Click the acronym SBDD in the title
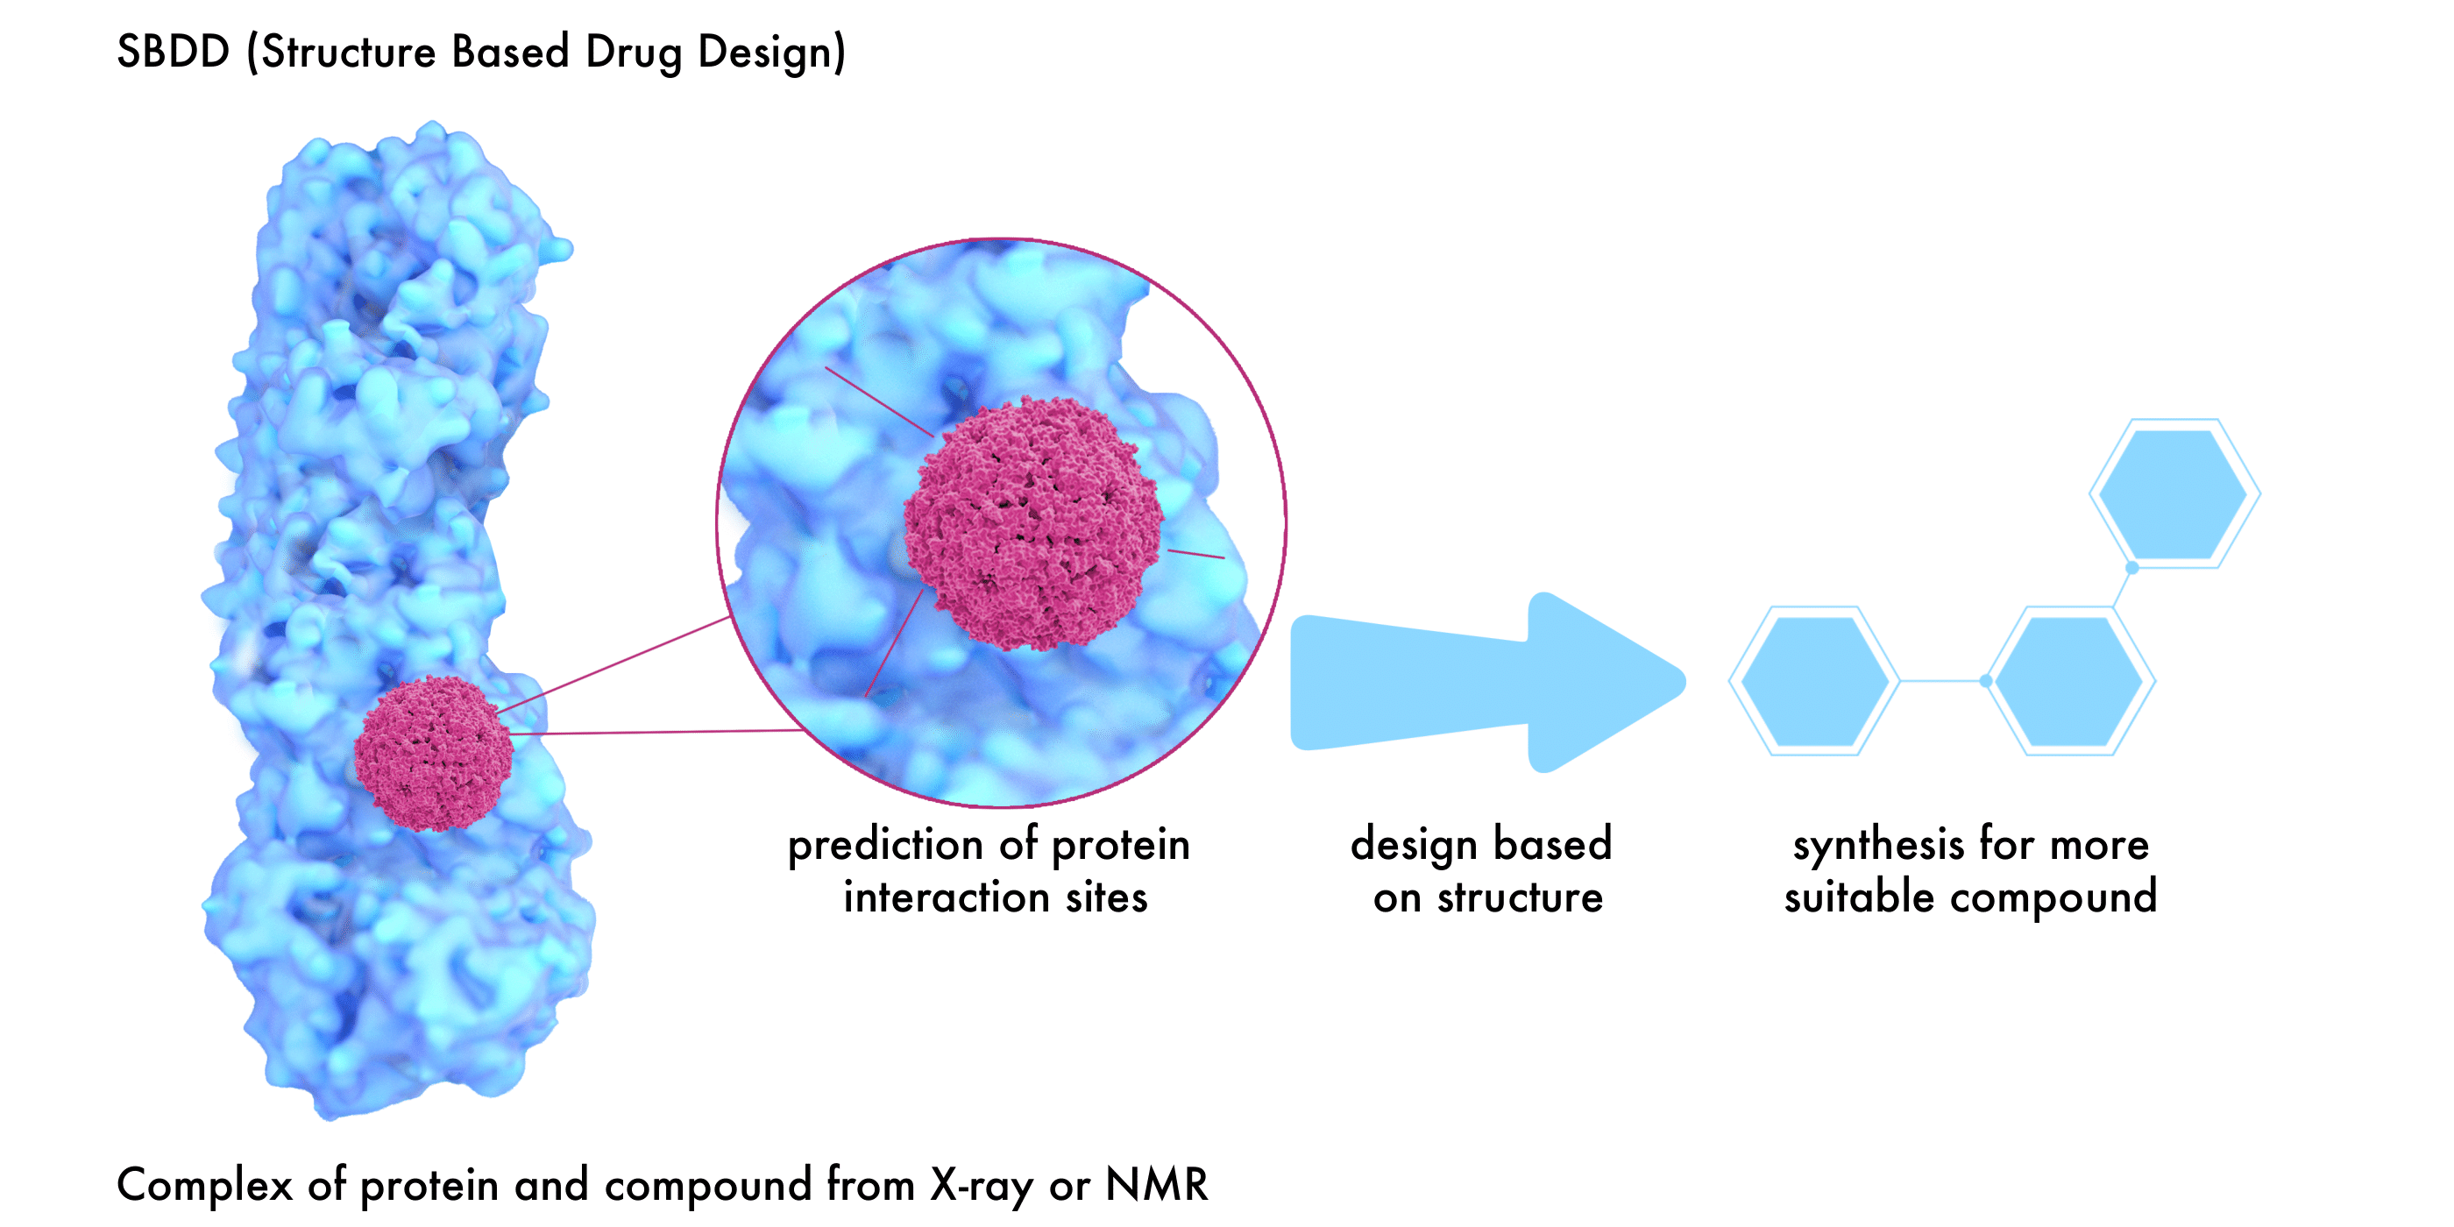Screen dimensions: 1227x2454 pyautogui.click(x=173, y=52)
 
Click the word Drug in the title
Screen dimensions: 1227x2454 pyautogui.click(x=633, y=53)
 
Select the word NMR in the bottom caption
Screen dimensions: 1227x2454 pyautogui.click(x=1157, y=1185)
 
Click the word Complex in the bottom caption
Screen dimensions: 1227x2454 pyautogui.click(x=204, y=1185)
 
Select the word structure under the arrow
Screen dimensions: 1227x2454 pyautogui.click(x=1521, y=897)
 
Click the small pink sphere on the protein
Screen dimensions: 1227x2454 pyautogui.click(x=434, y=753)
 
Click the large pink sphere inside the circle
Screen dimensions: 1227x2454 pyautogui.click(x=1032, y=524)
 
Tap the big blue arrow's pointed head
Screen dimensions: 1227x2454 pyautogui.click(x=1620, y=682)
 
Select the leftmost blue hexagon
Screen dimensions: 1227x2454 pyautogui.click(x=1814, y=682)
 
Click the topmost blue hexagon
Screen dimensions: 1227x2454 pyautogui.click(x=2173, y=493)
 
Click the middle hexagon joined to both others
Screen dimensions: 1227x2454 pyautogui.click(x=2069, y=682)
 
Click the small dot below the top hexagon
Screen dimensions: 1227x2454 pyautogui.click(x=2132, y=568)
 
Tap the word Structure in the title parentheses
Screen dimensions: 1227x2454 pyautogui.click(x=349, y=53)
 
